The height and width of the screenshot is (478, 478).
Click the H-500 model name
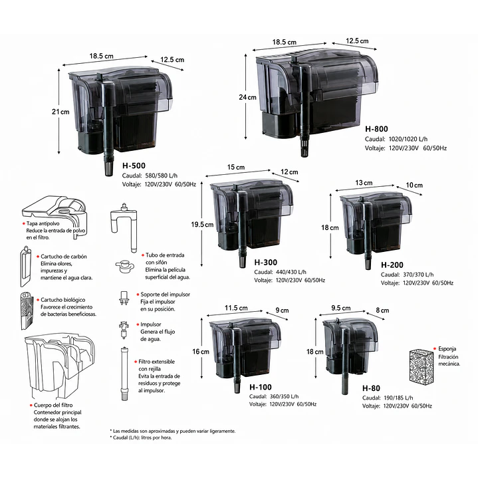pos(134,166)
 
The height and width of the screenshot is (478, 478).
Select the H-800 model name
pos(376,129)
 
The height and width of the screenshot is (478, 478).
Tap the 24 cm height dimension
pos(247,97)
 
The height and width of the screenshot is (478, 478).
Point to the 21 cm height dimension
pos(60,112)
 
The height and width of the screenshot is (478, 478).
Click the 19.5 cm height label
pos(202,225)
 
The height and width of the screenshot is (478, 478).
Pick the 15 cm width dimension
pos(236,167)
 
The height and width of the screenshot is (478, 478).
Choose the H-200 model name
pos(392,265)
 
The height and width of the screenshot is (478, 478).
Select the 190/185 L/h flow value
pos(398,398)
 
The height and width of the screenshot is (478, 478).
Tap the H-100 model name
pos(261,387)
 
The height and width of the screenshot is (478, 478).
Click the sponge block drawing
pos(421,366)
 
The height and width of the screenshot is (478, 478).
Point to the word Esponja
pos(447,349)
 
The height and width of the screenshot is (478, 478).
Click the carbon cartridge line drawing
pos(26,267)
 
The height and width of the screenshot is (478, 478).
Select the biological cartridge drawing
pos(27,311)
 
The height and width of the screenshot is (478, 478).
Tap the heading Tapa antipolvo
pos(43,223)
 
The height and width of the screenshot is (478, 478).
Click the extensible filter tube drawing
pos(124,374)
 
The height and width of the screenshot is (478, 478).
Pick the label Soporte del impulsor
pos(166,295)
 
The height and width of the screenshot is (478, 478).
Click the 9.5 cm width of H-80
pos(341,308)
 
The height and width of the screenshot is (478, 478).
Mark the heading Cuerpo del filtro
pos(53,405)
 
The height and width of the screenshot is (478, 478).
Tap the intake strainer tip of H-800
pos(304,149)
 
